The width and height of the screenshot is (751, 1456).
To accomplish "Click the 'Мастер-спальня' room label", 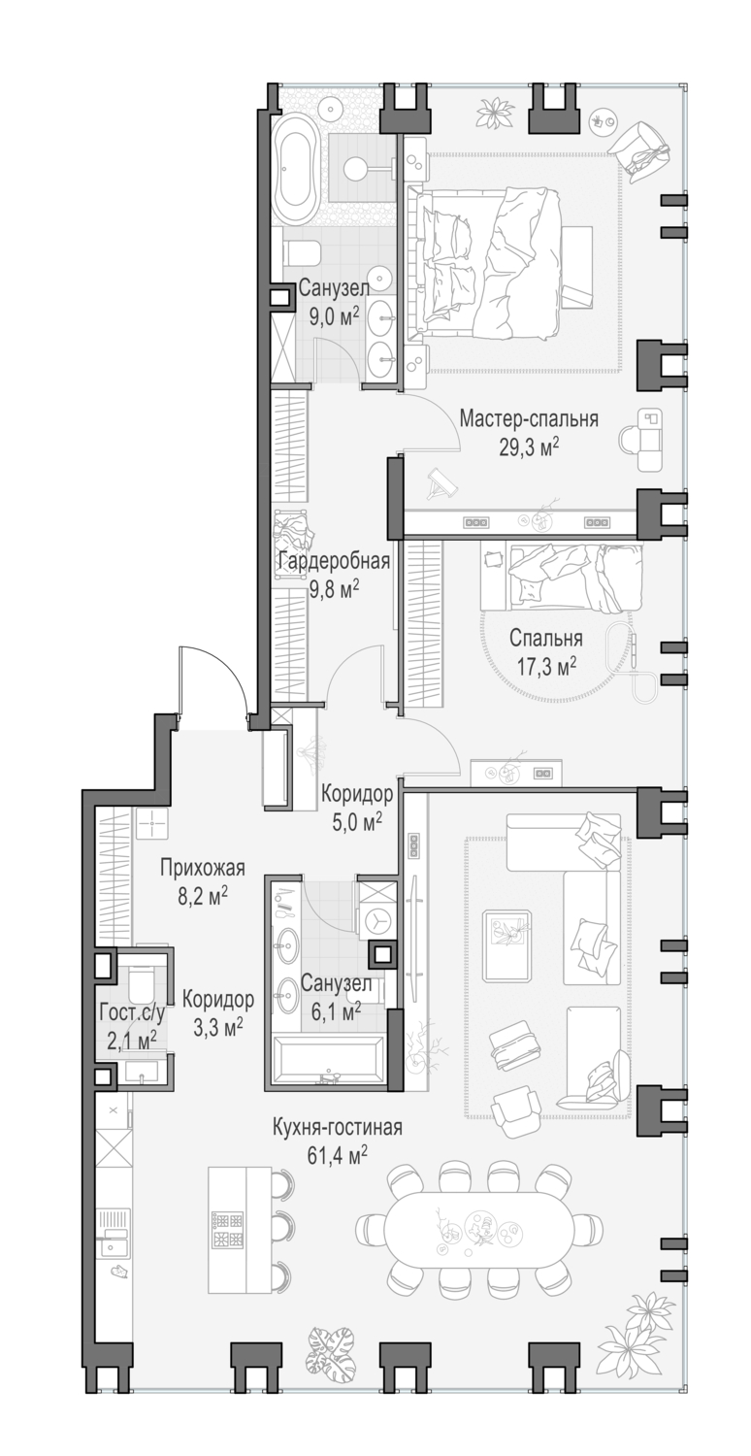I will (x=528, y=419).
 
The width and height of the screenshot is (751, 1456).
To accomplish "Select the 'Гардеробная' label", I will (x=333, y=562).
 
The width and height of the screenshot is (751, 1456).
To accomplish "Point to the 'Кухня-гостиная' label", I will (x=336, y=1128).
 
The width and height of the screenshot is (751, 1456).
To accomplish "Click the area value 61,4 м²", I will (x=336, y=1154).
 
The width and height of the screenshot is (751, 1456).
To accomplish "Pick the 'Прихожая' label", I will (x=202, y=869).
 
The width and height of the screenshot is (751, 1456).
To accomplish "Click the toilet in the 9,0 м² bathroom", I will (x=303, y=253).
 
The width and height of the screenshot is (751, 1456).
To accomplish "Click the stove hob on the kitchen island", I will (x=227, y=1231).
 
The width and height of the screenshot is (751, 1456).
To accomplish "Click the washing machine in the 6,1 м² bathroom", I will (x=375, y=919).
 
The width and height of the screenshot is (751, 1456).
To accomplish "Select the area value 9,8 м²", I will (x=333, y=587).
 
